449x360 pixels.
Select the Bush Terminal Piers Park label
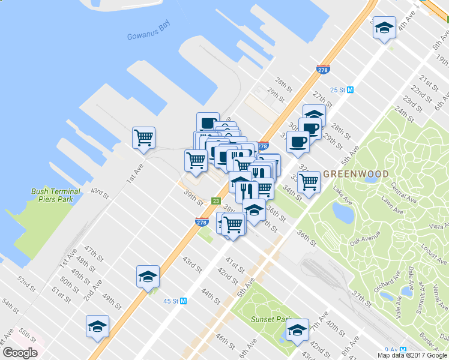pyautogui.click(x=56, y=195)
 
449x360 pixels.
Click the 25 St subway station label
pyautogui.click(x=342, y=90)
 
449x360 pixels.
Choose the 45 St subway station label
pyautogui.click(x=175, y=301)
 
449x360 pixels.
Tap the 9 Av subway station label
pyautogui.click(x=393, y=349)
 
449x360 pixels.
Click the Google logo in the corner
pyautogui.click(x=20, y=352)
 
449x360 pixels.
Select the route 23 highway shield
pyautogui.click(x=216, y=202)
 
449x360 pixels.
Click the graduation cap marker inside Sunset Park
pyautogui.click(x=297, y=329)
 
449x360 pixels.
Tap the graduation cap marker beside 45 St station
pyautogui.click(x=148, y=276)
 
